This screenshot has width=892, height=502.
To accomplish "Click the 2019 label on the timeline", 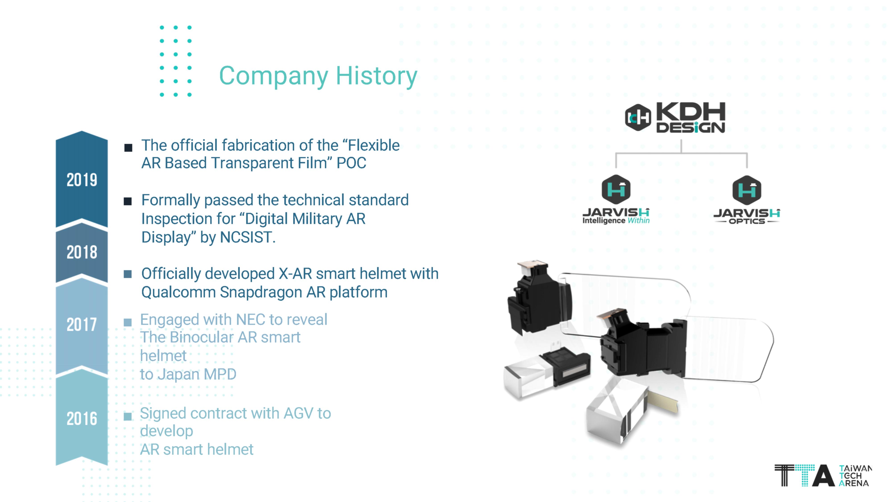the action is (x=82, y=180).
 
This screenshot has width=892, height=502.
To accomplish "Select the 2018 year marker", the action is (x=82, y=252).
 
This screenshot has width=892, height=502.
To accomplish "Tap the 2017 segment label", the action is (x=82, y=325).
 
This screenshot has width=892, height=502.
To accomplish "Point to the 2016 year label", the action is (x=82, y=419).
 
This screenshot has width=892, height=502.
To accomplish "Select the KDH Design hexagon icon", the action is (x=638, y=118).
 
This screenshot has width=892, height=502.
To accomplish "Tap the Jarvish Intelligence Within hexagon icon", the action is (x=616, y=189).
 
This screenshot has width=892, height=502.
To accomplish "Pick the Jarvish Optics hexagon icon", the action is (x=747, y=190).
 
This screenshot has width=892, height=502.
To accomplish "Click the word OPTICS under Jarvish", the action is (x=747, y=221).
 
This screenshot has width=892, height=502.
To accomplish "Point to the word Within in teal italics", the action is (x=638, y=220).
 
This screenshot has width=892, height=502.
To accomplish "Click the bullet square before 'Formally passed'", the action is (x=128, y=201).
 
